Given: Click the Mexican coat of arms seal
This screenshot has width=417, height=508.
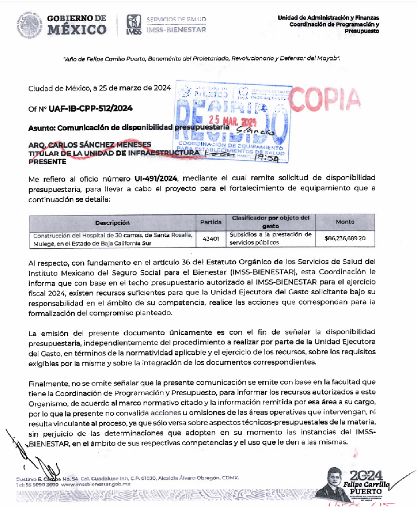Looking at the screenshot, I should click(29, 25).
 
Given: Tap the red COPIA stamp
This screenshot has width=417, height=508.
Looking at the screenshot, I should click(325, 99).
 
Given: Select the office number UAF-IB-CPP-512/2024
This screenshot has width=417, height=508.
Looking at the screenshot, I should click(90, 108).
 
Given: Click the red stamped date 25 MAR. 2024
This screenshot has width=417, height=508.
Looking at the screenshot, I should click(232, 120).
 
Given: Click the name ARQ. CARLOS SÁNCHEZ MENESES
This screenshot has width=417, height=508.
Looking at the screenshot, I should click(90, 145).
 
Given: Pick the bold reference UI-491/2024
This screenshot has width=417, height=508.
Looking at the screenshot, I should click(156, 178).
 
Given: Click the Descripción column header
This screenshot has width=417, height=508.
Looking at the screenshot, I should click(112, 223).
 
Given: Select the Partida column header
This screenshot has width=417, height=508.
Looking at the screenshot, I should click(211, 222).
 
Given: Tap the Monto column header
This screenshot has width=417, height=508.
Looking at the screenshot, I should click(345, 222).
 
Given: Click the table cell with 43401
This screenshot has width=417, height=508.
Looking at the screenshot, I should click(211, 239).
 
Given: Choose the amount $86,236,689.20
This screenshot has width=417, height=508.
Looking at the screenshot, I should click(345, 238).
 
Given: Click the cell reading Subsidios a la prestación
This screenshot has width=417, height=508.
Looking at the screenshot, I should click(270, 238).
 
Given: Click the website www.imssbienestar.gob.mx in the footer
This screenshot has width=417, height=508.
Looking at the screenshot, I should click(96, 484).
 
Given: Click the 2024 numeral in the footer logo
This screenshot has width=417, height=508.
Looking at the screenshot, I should click(366, 475).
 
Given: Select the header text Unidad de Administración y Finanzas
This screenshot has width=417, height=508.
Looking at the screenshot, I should click(328, 18).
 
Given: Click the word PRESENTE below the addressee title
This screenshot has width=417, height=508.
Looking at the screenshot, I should click(47, 162).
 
